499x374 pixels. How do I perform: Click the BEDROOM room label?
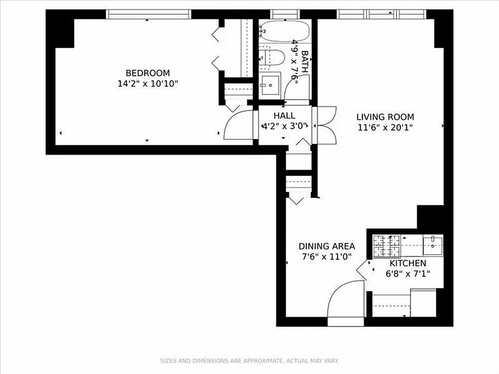click(147, 73)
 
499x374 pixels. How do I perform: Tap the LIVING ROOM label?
click(385, 117)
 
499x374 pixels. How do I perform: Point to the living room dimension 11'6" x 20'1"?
click(385, 127)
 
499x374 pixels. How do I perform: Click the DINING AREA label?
click(326, 246)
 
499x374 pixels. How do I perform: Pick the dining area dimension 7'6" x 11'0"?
click(326, 256)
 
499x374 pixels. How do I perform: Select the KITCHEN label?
click(405, 263)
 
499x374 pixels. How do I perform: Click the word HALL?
click(284, 115)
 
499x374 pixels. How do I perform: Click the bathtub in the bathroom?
click(284, 31)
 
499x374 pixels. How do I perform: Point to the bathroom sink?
click(270, 85)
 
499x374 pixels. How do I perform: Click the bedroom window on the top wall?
click(149, 14)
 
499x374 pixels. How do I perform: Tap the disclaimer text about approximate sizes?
click(249, 361)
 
